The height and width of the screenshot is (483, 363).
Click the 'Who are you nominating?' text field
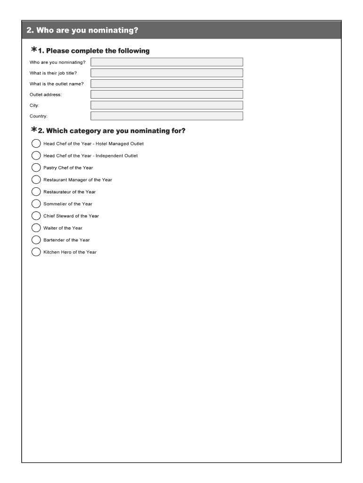tap(167, 62)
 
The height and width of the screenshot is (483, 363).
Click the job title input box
tap(167, 73)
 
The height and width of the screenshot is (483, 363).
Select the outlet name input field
tap(167, 83)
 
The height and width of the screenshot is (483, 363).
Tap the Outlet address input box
tap(167, 94)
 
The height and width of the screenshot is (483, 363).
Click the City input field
tap(167, 105)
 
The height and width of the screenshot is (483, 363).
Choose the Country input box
tap(167, 116)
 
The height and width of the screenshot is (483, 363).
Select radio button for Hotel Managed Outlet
tap(36, 143)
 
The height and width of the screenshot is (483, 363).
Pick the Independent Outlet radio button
tap(36, 156)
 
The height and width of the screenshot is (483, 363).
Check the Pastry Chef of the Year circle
tap(36, 167)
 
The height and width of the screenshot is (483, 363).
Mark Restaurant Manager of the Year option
tap(36, 180)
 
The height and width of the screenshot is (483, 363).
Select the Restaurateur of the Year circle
tap(36, 192)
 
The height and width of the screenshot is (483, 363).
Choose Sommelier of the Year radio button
tap(36, 204)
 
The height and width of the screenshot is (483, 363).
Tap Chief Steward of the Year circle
tap(36, 216)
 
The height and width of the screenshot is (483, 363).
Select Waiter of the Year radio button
tap(36, 228)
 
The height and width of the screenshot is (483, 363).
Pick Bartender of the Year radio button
tap(36, 240)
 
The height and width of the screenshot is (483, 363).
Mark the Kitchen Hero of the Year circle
tap(36, 252)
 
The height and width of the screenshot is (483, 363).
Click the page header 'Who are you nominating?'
tap(82, 30)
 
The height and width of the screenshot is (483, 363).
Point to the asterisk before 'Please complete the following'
tap(34, 50)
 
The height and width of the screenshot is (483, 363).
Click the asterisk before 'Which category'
tap(34, 130)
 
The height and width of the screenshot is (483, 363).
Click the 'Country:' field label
tap(39, 116)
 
